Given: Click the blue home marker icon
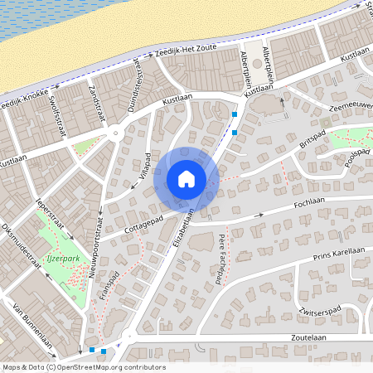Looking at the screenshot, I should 186,179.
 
